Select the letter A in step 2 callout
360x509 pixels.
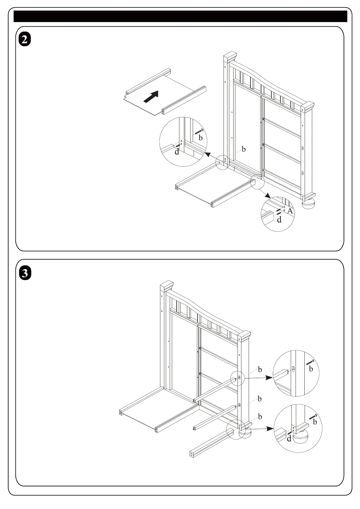tap(290, 211)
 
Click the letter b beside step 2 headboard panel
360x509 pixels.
tap(244, 149)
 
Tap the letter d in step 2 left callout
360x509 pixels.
tap(177, 152)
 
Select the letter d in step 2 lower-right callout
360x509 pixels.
tap(279, 220)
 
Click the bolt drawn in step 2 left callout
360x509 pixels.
tap(198, 132)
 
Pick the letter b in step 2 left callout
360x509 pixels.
tap(200, 138)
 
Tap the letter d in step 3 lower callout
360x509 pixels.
tap(289, 439)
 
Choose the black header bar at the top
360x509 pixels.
tap(180, 16)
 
